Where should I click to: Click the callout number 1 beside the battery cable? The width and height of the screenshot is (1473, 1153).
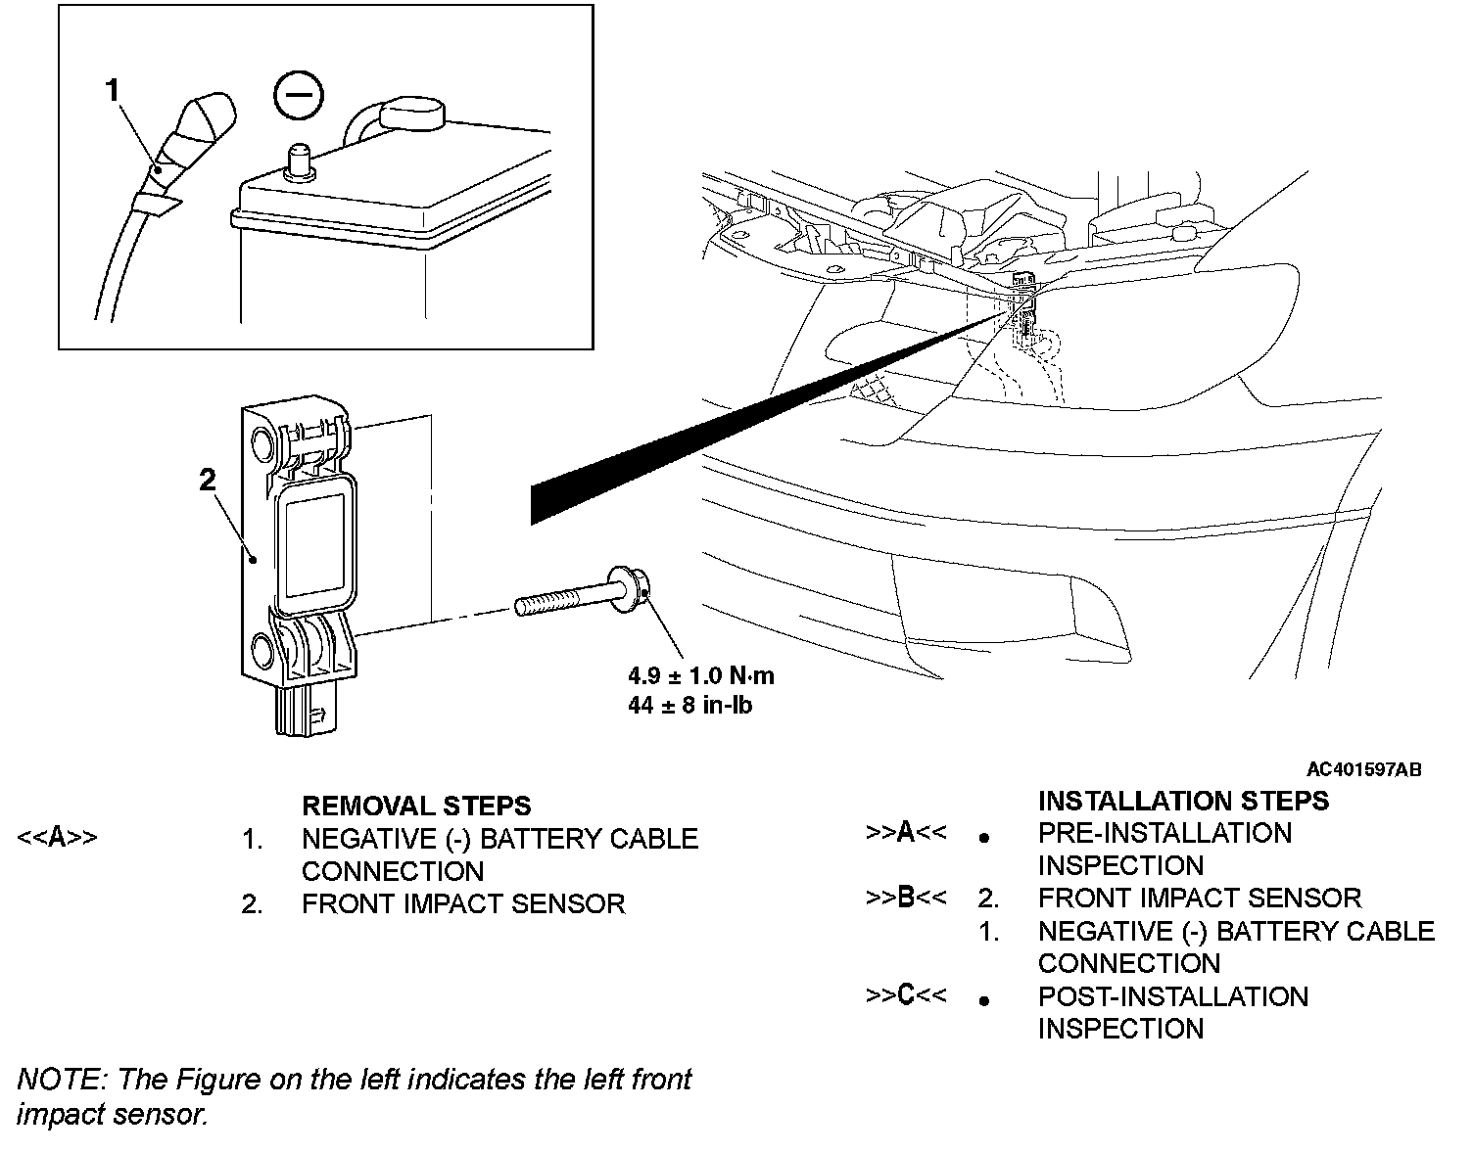[x=113, y=91]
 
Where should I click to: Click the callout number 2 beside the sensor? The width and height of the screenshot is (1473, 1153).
[x=207, y=480]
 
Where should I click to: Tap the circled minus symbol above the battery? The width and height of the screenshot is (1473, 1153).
[x=298, y=97]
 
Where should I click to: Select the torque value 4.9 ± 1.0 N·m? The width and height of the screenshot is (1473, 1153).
[x=700, y=675]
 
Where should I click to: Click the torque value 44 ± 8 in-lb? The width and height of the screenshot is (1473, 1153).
[x=689, y=704]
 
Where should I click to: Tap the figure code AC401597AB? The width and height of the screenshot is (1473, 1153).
[x=1363, y=769]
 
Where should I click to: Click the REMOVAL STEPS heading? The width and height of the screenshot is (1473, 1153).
[x=416, y=806]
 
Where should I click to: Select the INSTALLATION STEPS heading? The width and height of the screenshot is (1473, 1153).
[x=1183, y=801]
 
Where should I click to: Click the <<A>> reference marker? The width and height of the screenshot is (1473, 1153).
[x=58, y=838]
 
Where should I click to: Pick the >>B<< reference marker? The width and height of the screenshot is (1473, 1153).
[x=906, y=898]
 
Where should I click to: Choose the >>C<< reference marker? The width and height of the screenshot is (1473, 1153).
[x=906, y=995]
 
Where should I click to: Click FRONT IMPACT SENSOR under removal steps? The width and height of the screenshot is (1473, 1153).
[x=463, y=903]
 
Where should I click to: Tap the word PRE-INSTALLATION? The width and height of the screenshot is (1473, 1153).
[x=1164, y=833]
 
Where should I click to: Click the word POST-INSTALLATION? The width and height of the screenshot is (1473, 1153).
[x=1172, y=996]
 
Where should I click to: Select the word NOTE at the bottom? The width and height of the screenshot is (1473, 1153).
[x=59, y=1080]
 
